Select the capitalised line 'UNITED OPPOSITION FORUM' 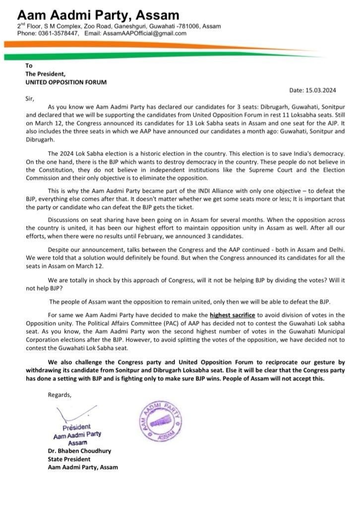tap(66, 81)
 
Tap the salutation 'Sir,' tap(31, 98)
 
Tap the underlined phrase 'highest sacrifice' tap(234, 315)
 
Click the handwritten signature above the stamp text tap(75, 413)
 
